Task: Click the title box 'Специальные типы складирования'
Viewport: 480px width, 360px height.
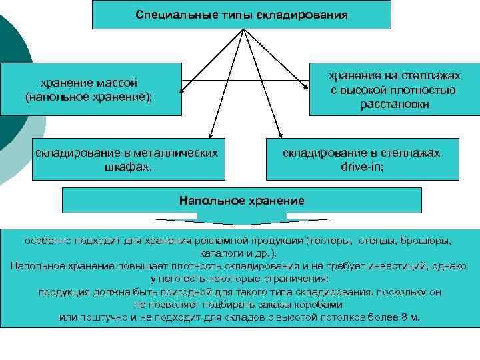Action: tap(241, 14)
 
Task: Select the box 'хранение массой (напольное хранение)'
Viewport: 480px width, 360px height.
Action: tap(90, 89)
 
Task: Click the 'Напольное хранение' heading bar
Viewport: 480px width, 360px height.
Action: tap(241, 200)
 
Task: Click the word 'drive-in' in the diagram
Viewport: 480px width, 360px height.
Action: tap(362, 166)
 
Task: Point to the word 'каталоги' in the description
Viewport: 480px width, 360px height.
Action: tap(219, 253)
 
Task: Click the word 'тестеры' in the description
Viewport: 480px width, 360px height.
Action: tap(331, 241)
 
